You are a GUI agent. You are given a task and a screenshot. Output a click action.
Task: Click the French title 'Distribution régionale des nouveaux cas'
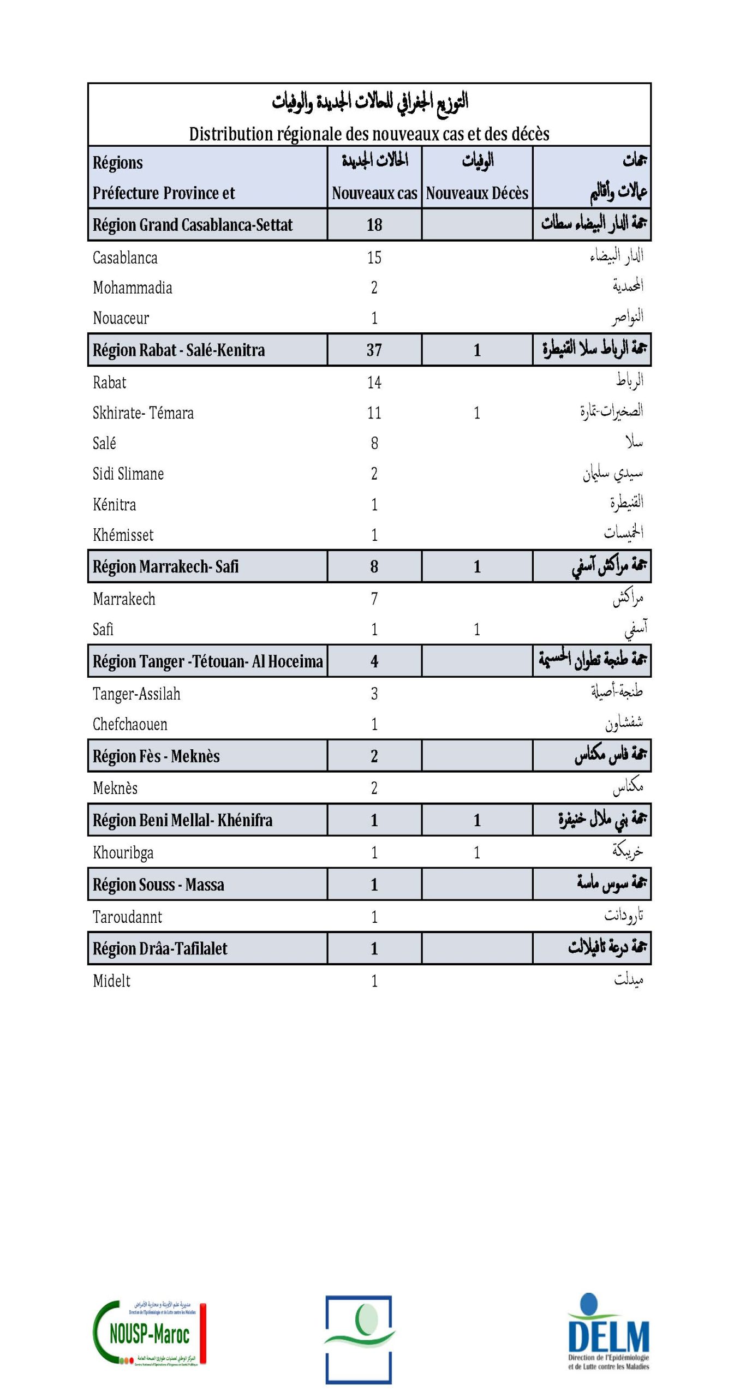click(x=369, y=134)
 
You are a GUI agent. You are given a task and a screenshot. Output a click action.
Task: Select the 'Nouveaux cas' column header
click(x=374, y=193)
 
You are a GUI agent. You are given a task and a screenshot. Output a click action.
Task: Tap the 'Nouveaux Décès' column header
click(x=477, y=193)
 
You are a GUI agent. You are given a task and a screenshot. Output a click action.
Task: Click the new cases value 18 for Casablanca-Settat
click(x=374, y=225)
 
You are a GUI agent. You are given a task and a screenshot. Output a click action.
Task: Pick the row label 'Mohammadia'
click(x=133, y=288)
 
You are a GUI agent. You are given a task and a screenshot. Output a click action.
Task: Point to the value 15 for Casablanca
click(x=374, y=258)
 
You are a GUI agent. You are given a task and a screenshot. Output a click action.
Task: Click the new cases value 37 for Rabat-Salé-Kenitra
click(x=374, y=350)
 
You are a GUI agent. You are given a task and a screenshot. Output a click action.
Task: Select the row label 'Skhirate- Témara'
click(x=143, y=413)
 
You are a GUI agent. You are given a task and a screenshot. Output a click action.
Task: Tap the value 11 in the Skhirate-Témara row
click(x=374, y=413)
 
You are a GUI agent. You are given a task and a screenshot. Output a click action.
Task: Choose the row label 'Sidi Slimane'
click(x=128, y=474)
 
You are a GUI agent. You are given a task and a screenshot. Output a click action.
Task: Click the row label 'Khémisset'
click(x=123, y=535)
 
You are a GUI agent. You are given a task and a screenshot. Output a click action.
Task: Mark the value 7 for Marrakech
click(x=374, y=599)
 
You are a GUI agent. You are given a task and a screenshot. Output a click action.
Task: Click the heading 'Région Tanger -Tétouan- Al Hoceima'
click(x=208, y=661)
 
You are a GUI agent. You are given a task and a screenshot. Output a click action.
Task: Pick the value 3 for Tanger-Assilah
click(x=374, y=694)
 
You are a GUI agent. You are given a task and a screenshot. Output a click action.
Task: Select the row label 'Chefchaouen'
click(x=130, y=725)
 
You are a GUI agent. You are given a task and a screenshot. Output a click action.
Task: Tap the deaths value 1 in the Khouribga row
click(x=477, y=852)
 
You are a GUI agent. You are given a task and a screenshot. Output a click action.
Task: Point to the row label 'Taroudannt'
click(x=127, y=917)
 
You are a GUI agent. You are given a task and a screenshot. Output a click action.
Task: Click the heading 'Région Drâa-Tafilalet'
click(x=160, y=948)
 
